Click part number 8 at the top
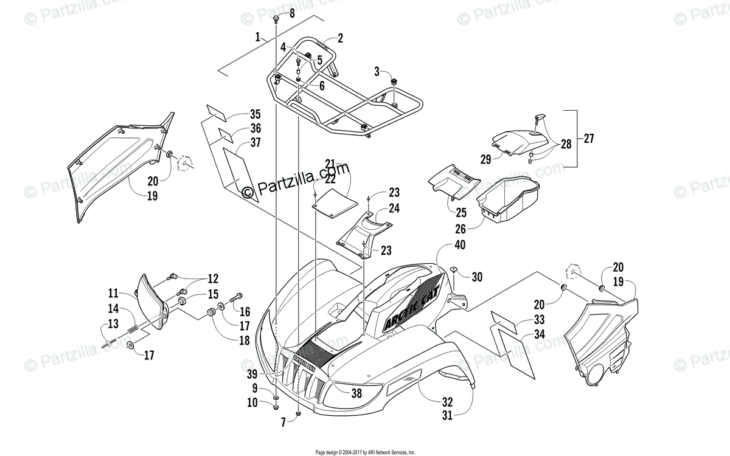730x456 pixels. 291,14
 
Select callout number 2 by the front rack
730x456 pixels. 340,38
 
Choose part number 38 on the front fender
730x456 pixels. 356,393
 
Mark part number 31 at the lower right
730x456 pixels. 448,416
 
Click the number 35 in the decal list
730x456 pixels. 238,114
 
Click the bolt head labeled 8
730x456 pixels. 277,18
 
